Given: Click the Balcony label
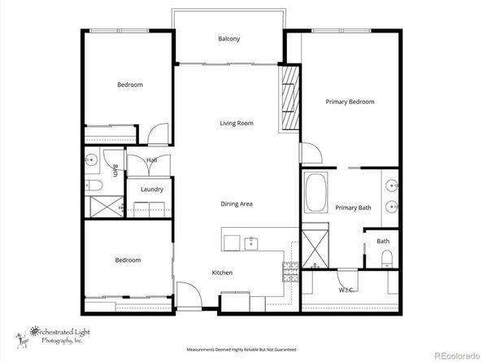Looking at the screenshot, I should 228,39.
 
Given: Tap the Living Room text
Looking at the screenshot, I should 237,124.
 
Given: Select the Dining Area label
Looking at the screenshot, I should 237,203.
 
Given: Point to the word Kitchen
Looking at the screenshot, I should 223,273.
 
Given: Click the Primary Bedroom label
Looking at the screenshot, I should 350,102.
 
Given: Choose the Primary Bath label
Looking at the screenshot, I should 353,208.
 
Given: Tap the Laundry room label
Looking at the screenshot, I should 152,190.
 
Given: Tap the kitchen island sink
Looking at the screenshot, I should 251,242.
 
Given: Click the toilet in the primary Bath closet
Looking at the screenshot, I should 387,259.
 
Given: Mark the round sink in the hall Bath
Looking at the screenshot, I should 92,160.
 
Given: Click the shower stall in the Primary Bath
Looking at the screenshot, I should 314,248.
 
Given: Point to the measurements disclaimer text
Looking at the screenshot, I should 241,347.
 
